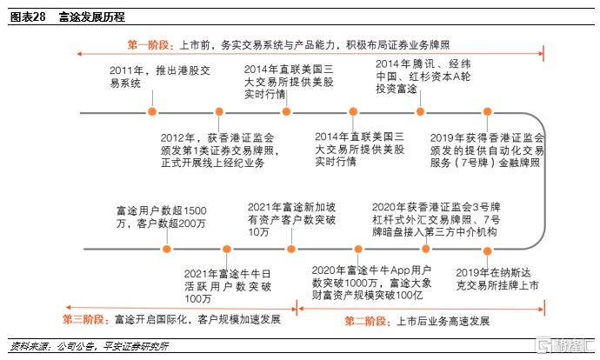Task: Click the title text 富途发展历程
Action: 92,17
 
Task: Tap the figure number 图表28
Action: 28,17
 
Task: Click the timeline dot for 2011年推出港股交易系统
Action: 152,111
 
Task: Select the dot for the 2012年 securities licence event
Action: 219,111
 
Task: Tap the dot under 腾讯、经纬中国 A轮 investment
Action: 420,111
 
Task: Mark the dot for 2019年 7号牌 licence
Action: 487,111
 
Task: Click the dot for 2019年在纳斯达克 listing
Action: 487,251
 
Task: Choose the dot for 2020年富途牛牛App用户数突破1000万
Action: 358,250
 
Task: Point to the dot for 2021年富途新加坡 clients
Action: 291,250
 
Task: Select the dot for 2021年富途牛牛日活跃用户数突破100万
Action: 227,250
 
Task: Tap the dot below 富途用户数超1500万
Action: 167,250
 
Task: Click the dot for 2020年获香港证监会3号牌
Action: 425,250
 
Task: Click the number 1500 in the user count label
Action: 195,210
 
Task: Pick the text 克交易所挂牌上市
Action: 497,285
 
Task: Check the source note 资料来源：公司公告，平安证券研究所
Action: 90,347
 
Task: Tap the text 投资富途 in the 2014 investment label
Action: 396,89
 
